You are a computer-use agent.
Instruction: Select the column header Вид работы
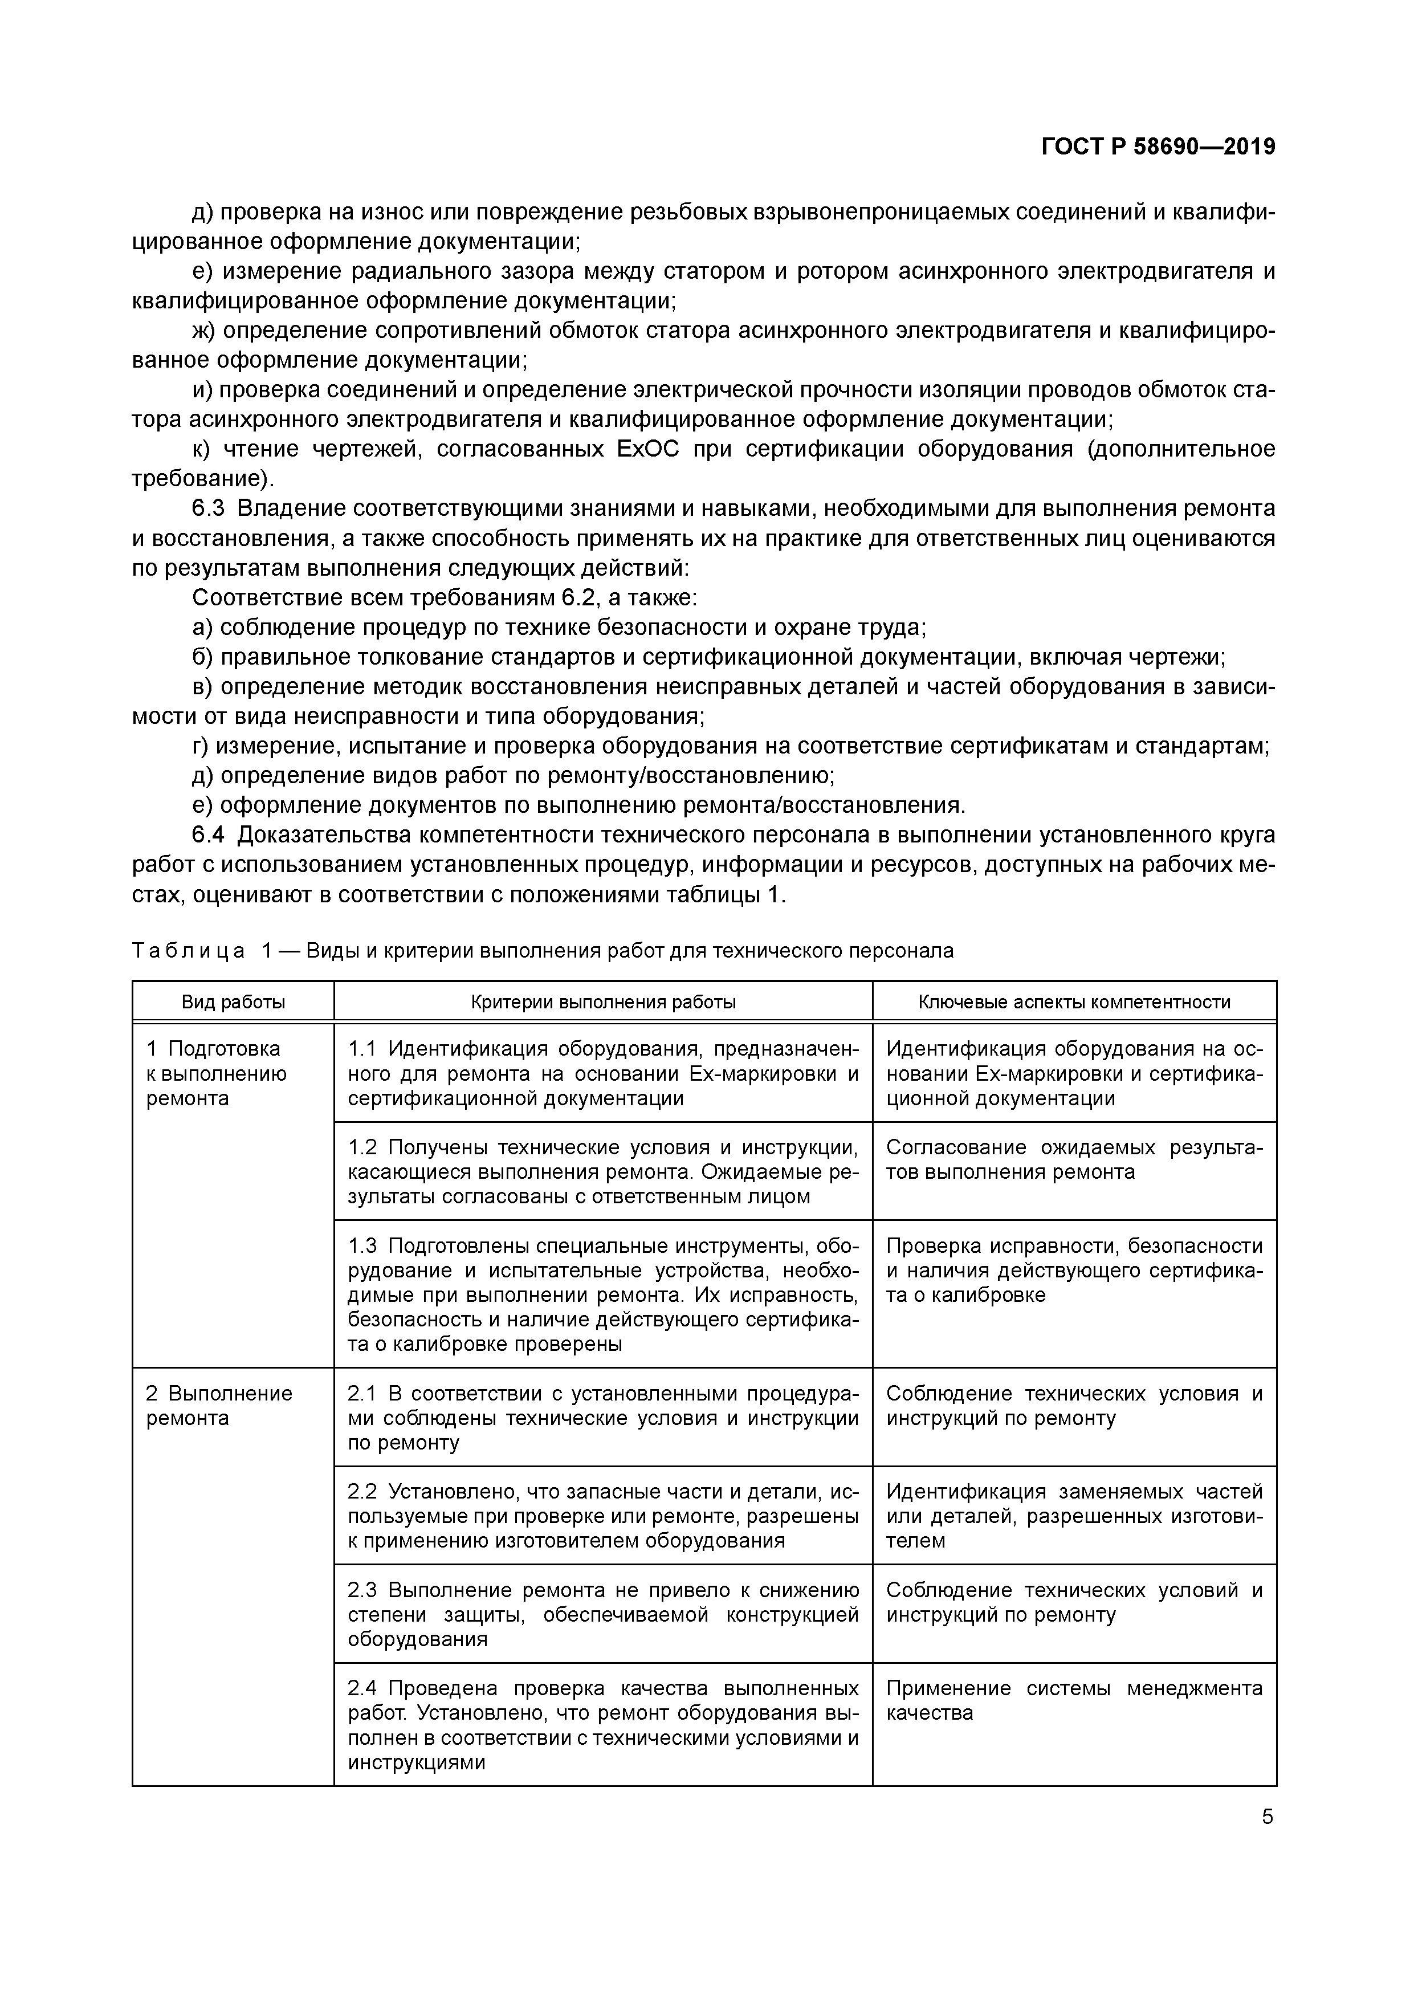coord(233,1002)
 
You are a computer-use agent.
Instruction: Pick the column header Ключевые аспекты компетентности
coord(1074,1002)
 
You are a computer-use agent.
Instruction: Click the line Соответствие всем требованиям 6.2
coord(444,598)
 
